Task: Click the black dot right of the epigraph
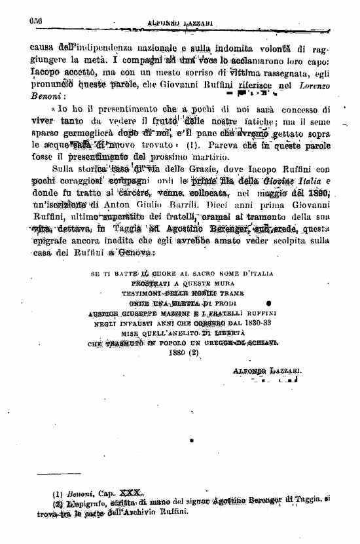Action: tap(269, 304)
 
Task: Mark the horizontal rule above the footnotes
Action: tap(59, 472)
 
